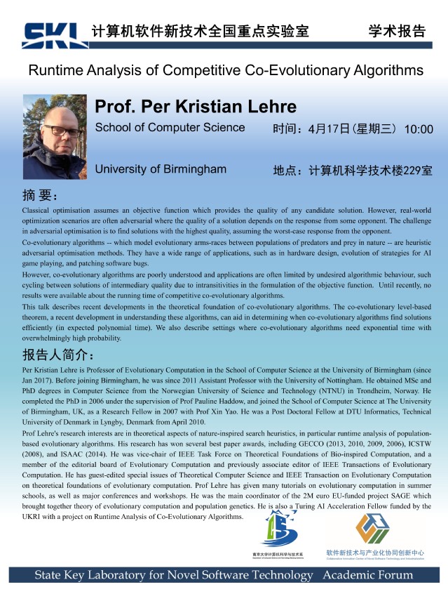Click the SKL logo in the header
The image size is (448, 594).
pos(53,34)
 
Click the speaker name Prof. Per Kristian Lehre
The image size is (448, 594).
pos(196,107)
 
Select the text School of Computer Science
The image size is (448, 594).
pos(170,128)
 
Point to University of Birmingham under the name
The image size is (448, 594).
pos(161,169)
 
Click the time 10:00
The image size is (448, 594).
pos(419,129)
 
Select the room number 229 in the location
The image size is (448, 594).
pos(407,170)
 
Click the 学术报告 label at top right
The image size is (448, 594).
pos(397,31)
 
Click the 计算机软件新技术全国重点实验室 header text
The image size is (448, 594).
pos(200,31)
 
